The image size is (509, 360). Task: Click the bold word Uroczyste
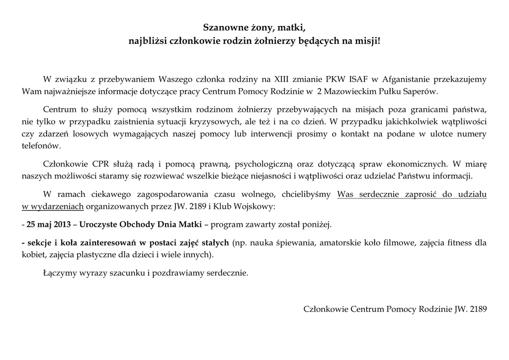[x=96, y=224]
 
